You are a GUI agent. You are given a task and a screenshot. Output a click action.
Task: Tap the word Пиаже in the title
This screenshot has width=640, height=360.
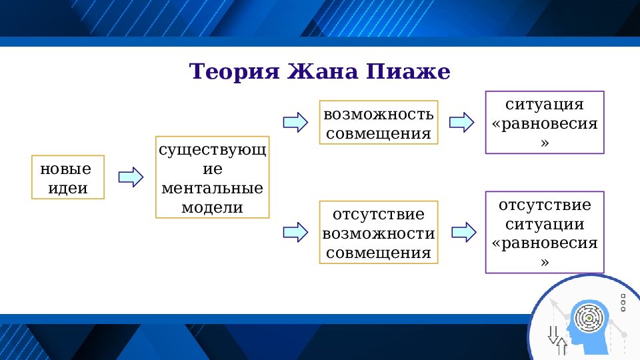pos(408,71)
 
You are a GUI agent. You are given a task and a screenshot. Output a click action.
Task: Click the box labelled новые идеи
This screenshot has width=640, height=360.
pos(69,177)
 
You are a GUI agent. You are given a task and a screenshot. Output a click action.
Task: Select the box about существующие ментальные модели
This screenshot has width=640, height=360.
pos(212,177)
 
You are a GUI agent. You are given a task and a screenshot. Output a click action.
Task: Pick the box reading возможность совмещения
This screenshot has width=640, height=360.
pos(379,123)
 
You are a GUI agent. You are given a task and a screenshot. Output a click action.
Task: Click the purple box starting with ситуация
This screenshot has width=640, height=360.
pos(544,123)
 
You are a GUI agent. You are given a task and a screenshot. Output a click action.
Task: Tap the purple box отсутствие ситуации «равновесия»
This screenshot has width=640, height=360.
pos(544,232)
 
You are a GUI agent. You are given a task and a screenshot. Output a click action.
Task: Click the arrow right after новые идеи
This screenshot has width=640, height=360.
pos(131,177)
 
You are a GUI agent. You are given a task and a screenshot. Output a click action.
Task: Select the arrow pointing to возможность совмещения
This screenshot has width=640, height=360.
pos(295,123)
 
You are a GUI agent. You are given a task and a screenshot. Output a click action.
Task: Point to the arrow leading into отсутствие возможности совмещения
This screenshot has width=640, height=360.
pos(295,232)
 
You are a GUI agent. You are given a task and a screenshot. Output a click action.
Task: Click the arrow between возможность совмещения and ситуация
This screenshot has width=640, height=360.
pos(461,123)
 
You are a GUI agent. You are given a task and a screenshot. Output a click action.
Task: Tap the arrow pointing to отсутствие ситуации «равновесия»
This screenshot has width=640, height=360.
pos(463,232)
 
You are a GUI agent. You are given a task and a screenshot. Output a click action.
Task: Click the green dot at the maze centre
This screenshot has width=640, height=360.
pos(588,317)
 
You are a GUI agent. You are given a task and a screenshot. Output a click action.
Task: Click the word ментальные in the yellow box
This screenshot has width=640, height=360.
pos(212,187)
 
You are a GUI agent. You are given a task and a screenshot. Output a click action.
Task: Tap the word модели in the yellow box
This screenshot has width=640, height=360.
pos(212,207)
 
